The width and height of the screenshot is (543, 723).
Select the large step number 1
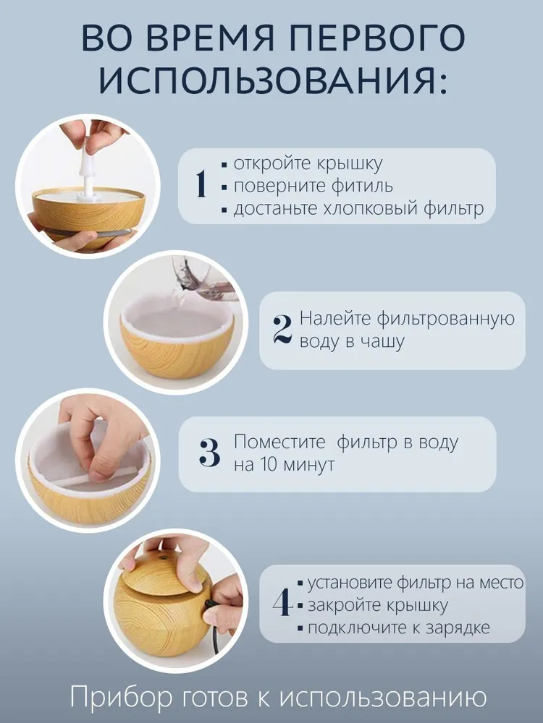(x=201, y=184)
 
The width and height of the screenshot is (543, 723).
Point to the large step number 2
(x=282, y=330)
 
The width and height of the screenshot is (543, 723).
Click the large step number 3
(x=209, y=453)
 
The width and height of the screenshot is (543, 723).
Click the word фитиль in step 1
(x=362, y=186)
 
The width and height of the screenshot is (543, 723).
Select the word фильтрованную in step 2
(x=445, y=319)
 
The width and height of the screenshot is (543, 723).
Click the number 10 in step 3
(x=268, y=464)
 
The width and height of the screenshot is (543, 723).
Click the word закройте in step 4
(x=341, y=605)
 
